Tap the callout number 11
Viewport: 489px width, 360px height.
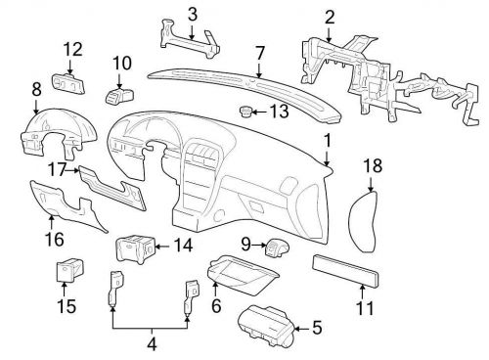[364, 307]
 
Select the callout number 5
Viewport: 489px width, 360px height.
[315, 327]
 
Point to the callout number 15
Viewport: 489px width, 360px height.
[65, 307]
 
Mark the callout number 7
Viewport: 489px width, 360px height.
[259, 52]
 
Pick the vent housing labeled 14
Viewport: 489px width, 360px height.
[134, 250]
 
